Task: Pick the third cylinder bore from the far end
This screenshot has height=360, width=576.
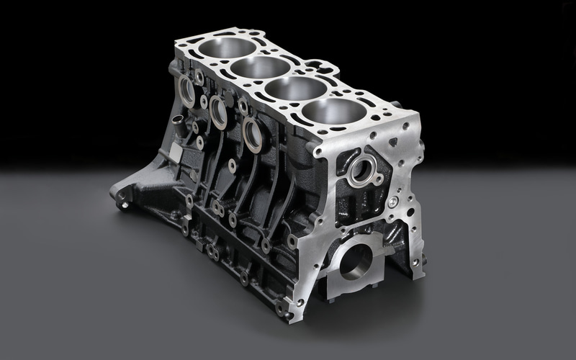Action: (294, 89)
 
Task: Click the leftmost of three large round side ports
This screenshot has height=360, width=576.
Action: (186, 91)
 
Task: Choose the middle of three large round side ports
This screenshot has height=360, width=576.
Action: (219, 112)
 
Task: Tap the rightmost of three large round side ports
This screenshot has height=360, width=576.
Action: (253, 135)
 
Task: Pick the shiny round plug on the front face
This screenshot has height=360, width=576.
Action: (393, 202)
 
